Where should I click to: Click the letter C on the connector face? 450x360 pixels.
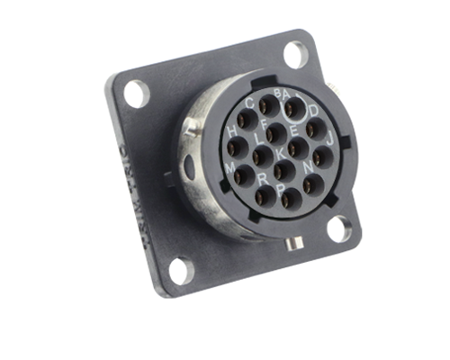click(249, 103)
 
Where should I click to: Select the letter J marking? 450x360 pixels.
click(329, 139)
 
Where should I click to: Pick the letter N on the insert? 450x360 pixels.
click(309, 167)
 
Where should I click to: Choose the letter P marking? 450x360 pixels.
click(280, 189)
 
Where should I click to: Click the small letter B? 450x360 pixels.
click(277, 93)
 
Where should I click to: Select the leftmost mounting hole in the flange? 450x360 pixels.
click(136, 92)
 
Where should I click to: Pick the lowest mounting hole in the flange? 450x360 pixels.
click(180, 269)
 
